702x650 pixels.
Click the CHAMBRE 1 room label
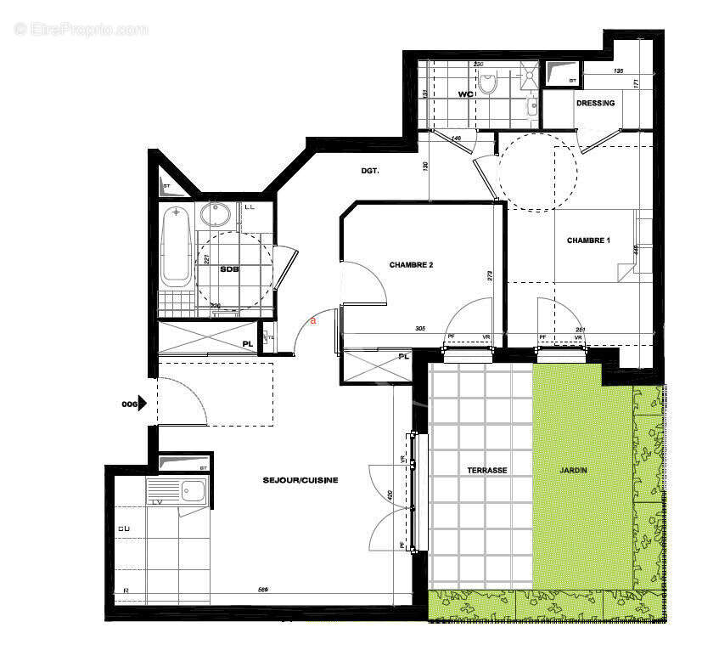[x=588, y=240]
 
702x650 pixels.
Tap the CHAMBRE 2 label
[x=412, y=265]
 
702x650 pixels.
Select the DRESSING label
[x=595, y=104]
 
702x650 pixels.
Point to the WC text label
[x=464, y=94]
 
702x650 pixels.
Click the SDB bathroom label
[x=230, y=269]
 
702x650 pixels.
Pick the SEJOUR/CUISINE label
[x=300, y=480]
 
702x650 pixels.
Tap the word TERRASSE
[x=487, y=470]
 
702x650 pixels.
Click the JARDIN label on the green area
[x=574, y=470]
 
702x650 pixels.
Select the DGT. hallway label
[x=369, y=171]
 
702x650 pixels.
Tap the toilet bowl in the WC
[x=488, y=82]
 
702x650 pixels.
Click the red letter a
[x=313, y=321]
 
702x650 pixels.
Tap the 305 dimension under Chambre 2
[x=420, y=329]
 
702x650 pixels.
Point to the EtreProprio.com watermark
[x=81, y=29]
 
